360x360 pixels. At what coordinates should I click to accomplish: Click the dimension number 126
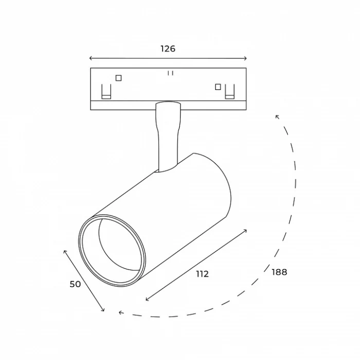point(168,49)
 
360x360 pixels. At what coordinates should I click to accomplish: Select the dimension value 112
point(202,274)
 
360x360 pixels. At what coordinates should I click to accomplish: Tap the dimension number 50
point(75,284)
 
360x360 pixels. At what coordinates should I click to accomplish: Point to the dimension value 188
point(279,272)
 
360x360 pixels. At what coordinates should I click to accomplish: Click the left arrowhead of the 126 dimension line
point(91,58)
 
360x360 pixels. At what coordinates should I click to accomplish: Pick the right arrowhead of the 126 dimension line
point(245,58)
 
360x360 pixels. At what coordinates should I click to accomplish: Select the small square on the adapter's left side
point(119,78)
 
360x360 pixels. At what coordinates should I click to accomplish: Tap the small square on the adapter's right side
point(218,86)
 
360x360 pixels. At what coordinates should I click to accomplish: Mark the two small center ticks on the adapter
point(170,73)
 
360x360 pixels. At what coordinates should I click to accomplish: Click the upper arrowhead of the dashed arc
point(277,116)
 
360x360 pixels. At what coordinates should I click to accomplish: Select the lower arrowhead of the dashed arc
point(120,312)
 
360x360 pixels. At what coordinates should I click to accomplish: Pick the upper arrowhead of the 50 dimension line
point(65,251)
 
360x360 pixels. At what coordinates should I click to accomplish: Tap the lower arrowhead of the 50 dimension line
point(103,310)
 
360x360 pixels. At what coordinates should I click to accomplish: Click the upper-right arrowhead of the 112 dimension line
point(246,231)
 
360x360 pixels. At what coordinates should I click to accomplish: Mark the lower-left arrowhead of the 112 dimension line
point(147,299)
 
